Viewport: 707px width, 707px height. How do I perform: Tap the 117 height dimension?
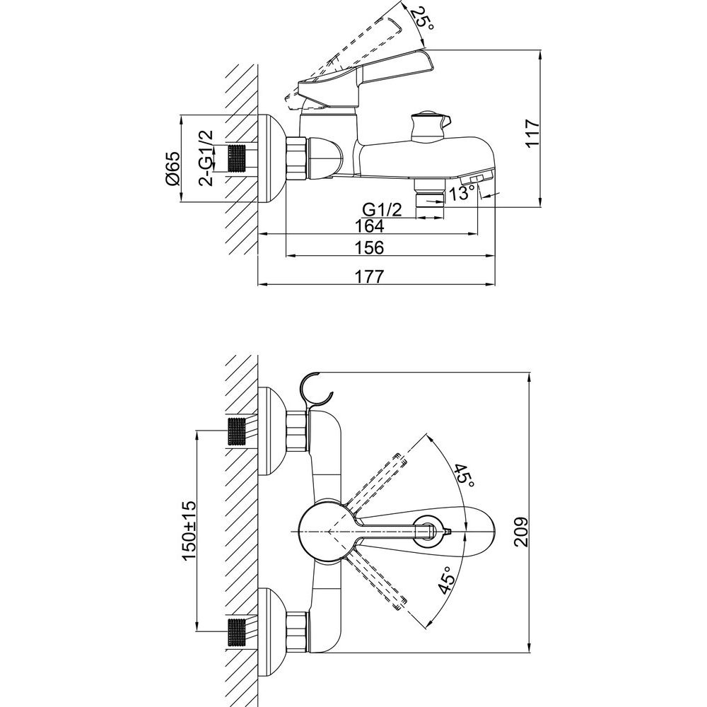(x=532, y=133)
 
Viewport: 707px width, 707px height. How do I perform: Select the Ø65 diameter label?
(x=173, y=168)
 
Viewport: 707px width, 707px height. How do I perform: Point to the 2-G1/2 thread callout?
(x=206, y=158)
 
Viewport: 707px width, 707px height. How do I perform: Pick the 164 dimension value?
(x=369, y=226)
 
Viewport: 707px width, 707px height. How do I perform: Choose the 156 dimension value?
(x=369, y=247)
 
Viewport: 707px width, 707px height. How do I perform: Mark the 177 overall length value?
(x=369, y=276)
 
